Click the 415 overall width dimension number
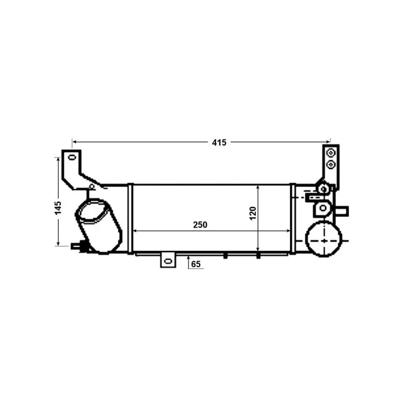tap(219, 142)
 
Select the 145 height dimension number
tap(58, 207)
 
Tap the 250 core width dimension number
tap(200, 225)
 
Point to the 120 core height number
tap(253, 212)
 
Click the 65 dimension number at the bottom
tap(196, 265)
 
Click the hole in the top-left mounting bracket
tap(72, 157)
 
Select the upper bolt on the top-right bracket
tap(331, 153)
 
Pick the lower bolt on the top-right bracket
tap(331, 165)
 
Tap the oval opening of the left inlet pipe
tap(93, 212)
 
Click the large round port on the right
tap(324, 240)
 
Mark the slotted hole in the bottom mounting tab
tap(167, 261)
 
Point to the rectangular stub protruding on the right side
tap(342, 211)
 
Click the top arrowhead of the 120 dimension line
tap(258, 186)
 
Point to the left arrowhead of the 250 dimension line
tap(136, 230)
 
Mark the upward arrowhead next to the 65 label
tap(188, 257)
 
